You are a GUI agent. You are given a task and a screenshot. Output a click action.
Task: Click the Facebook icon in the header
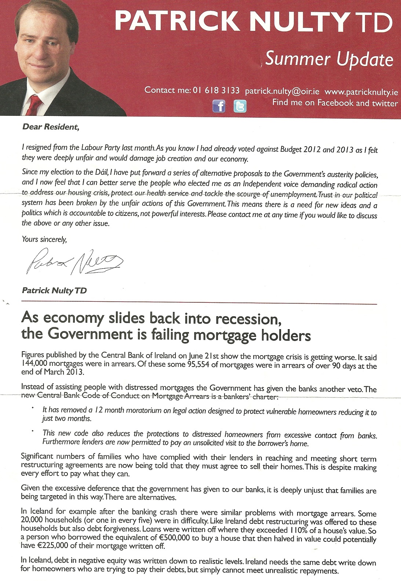coord(219,106)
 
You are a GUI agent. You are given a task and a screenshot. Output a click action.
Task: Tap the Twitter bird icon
coord(240,106)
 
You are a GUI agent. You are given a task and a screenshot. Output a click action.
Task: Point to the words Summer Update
coord(329,59)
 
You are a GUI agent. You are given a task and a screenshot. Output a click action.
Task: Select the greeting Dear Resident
coord(50,127)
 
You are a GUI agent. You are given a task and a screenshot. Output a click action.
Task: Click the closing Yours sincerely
coord(44,239)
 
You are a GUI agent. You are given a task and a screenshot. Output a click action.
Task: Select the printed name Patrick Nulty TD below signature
coord(54,291)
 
